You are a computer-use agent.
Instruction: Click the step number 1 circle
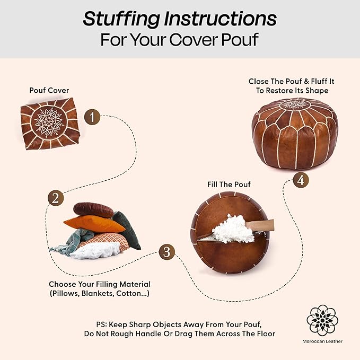pyautogui.click(x=92, y=117)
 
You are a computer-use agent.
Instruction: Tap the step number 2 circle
pyautogui.click(x=56, y=198)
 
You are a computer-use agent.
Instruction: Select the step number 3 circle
pyautogui.click(x=166, y=252)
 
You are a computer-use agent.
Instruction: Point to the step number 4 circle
pyautogui.click(x=301, y=180)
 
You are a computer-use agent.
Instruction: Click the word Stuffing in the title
pyautogui.click(x=121, y=19)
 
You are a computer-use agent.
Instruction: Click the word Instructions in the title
pyautogui.click(x=221, y=19)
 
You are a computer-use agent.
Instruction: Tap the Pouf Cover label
pyautogui.click(x=49, y=90)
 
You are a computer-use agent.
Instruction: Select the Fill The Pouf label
pyautogui.click(x=229, y=185)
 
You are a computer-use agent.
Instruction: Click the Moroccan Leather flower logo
pyautogui.click(x=322, y=321)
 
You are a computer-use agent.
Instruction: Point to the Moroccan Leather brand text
pyautogui.click(x=322, y=341)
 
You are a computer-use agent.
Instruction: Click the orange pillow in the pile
pyautogui.click(x=94, y=224)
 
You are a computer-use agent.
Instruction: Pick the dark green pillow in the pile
pyautogui.click(x=127, y=230)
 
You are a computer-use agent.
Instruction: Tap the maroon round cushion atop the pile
pyautogui.click(x=93, y=209)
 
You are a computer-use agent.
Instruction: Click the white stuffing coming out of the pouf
pyautogui.click(x=232, y=229)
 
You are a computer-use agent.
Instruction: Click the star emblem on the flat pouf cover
pyautogui.click(x=49, y=122)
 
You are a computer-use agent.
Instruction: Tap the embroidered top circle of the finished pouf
pyautogui.click(x=295, y=104)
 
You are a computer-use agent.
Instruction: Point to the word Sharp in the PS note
pyautogui.click(x=140, y=324)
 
